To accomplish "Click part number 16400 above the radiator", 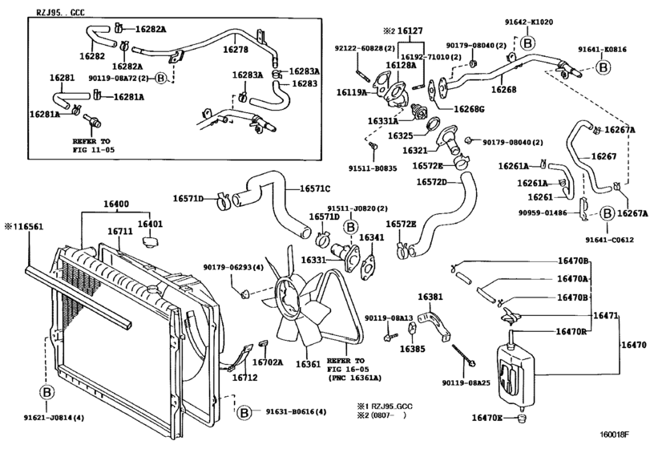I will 111,206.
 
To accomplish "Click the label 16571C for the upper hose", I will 315,189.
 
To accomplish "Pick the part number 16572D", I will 435,183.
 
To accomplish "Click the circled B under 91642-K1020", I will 528,42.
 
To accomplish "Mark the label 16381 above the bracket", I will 430,297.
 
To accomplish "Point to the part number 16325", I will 401,136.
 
